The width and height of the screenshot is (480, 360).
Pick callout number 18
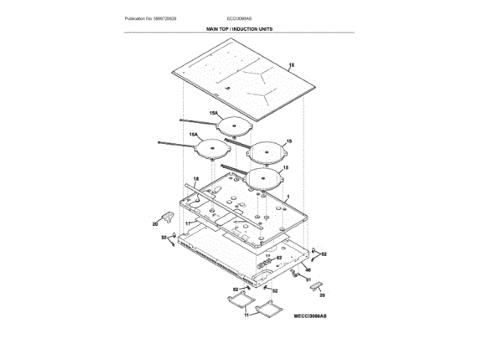[x=196, y=178]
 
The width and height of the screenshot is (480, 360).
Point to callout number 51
[x=307, y=278]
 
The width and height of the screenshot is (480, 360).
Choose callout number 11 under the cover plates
[x=245, y=315]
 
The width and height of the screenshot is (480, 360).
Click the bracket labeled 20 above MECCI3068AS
[x=314, y=287]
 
